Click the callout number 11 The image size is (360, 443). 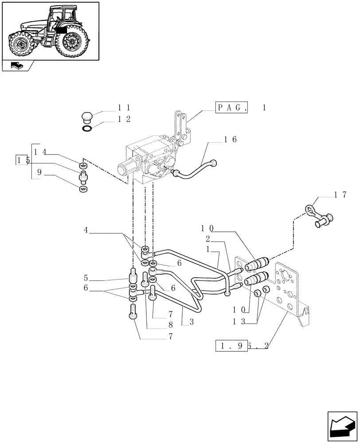[x=124, y=107]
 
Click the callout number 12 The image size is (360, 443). [x=124, y=119]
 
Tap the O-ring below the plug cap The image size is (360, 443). [x=88, y=129]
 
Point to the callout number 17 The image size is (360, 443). [x=340, y=194]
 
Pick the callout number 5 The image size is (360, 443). [x=86, y=279]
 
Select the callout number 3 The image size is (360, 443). [x=192, y=323]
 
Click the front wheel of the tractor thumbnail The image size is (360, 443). [x=20, y=44]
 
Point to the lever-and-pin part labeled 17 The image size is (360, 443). [x=319, y=216]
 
